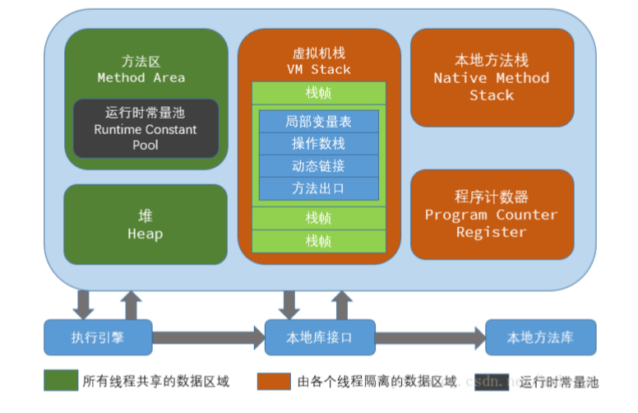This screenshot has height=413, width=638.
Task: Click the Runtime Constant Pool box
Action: point(146,128)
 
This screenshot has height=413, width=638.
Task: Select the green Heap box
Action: point(145,225)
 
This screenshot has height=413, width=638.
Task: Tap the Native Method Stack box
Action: point(492,78)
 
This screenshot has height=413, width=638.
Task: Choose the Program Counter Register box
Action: point(492,214)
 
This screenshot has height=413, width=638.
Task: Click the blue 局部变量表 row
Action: point(319,122)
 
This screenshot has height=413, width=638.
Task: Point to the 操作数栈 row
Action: point(319,144)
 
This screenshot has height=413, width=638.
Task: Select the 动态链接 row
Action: point(319,166)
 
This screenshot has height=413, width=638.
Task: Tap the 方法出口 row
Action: point(319,188)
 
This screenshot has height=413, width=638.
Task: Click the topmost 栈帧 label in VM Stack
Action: point(319,93)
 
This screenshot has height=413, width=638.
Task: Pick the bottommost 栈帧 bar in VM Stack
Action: point(319,241)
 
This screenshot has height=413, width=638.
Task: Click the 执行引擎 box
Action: point(98,337)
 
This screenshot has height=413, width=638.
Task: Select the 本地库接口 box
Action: point(319,337)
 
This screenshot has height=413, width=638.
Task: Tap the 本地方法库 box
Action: point(540,337)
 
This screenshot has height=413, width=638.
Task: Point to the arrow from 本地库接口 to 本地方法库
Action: point(429,337)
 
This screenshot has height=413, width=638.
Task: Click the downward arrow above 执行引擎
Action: point(83,304)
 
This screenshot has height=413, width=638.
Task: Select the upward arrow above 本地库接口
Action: point(343,304)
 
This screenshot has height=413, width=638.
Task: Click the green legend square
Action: point(59,381)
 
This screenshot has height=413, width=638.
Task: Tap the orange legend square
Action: point(273,381)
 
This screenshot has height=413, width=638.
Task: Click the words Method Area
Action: point(141,78)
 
